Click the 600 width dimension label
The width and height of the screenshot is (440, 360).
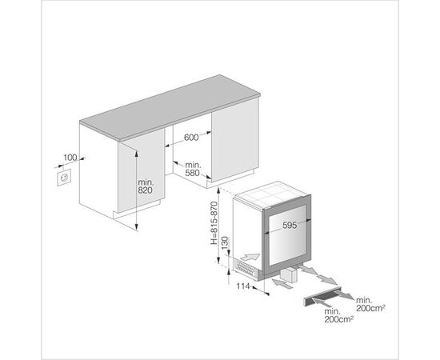[x=191, y=138]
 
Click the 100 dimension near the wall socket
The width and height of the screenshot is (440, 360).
[x=70, y=158]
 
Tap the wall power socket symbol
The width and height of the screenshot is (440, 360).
[x=64, y=178]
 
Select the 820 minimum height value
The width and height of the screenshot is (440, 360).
[x=145, y=190]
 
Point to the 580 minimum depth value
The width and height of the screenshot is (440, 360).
[x=193, y=173]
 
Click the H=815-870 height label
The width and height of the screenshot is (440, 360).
[x=214, y=222]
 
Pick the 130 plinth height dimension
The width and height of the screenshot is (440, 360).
[x=226, y=244]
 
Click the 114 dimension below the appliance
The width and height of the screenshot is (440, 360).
[x=243, y=286]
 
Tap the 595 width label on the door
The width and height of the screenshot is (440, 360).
[x=290, y=225]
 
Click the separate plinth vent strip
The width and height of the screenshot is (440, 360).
[x=322, y=298]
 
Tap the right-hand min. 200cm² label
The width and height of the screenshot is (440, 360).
[x=370, y=305]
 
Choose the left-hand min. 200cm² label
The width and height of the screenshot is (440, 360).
[x=338, y=316]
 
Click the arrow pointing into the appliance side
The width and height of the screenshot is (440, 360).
[x=250, y=257]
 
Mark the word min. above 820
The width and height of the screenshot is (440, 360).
[x=146, y=182]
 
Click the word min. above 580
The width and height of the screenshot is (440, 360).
[x=193, y=165]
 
